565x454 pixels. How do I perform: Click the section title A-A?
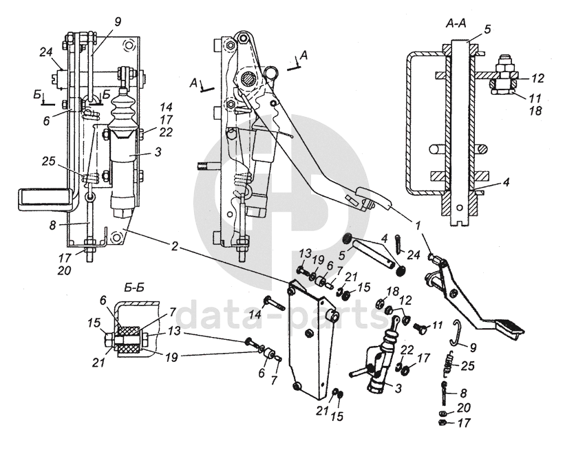click(456, 24)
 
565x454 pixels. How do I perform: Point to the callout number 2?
click(174, 247)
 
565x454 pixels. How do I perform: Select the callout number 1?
click(418, 226)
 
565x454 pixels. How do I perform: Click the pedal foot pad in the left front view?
click(44, 199)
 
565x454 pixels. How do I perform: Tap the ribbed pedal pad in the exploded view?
click(509, 328)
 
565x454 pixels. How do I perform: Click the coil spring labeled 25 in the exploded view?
click(448, 363)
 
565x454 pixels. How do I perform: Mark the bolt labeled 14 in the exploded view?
click(274, 303)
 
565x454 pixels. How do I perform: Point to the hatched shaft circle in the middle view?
click(248, 79)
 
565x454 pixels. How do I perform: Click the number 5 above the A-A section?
click(487, 30)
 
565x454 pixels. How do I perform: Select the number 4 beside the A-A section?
click(507, 182)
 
